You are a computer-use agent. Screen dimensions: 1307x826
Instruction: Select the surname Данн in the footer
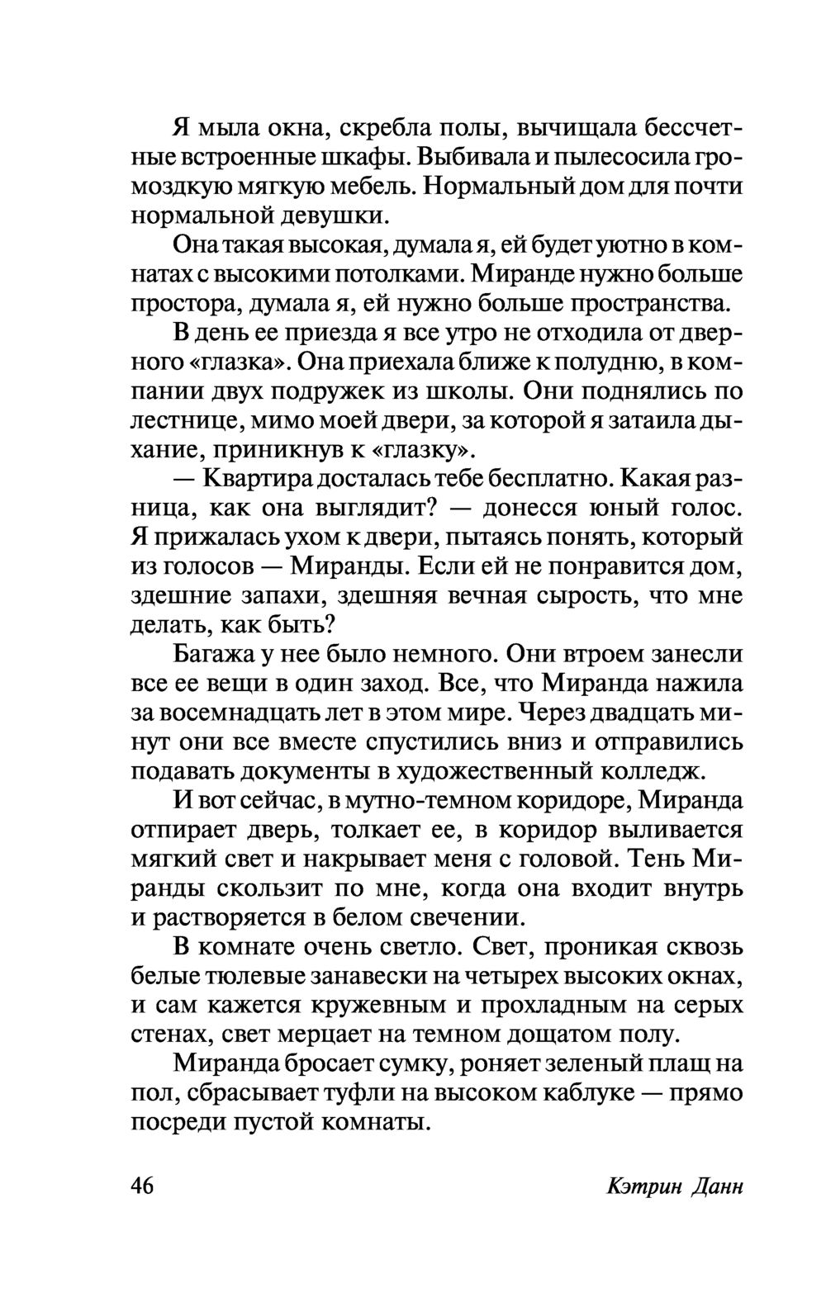714,1186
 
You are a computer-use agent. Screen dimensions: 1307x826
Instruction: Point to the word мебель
370,187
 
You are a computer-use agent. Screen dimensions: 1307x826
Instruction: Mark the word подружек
334,391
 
